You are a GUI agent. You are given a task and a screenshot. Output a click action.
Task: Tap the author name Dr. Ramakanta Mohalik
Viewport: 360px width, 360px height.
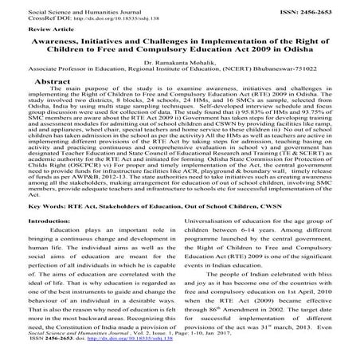(x=180, y=61)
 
